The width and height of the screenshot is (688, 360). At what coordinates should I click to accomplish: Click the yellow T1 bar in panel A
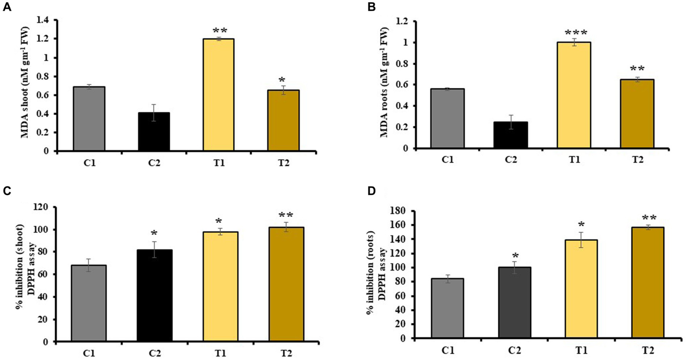219,95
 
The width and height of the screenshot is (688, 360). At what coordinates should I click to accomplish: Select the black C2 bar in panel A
154,132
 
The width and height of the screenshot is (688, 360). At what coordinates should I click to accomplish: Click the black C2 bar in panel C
154,296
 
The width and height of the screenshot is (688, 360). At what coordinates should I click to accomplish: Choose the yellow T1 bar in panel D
581,289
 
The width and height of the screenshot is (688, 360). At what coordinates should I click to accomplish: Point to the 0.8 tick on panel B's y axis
405,64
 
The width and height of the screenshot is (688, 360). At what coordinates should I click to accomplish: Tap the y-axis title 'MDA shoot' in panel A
25,85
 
